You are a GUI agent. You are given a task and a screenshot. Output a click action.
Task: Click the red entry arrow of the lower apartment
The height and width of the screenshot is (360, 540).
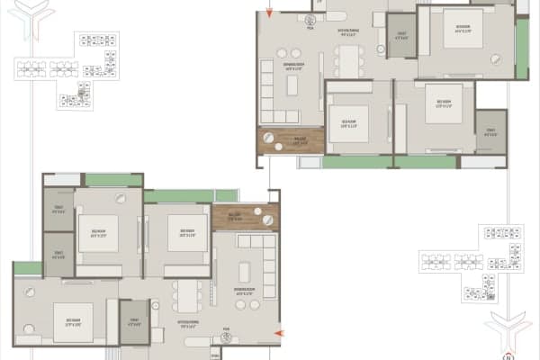pos(277,334)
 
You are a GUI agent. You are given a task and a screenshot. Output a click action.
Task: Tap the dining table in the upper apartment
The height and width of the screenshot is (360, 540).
pos(348,60)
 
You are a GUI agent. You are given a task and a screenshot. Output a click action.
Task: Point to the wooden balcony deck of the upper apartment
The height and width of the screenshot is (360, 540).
pos(279,139)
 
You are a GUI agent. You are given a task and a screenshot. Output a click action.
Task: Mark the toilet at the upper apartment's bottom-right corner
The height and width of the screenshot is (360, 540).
pos(490,131)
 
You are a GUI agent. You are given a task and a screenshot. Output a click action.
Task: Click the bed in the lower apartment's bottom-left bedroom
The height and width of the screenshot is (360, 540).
pos(72,321)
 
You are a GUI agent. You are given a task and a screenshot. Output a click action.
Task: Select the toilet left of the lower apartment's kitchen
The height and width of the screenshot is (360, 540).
pos(134,322)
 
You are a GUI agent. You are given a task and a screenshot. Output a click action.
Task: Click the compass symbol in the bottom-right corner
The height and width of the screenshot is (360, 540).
pos(504,334)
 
